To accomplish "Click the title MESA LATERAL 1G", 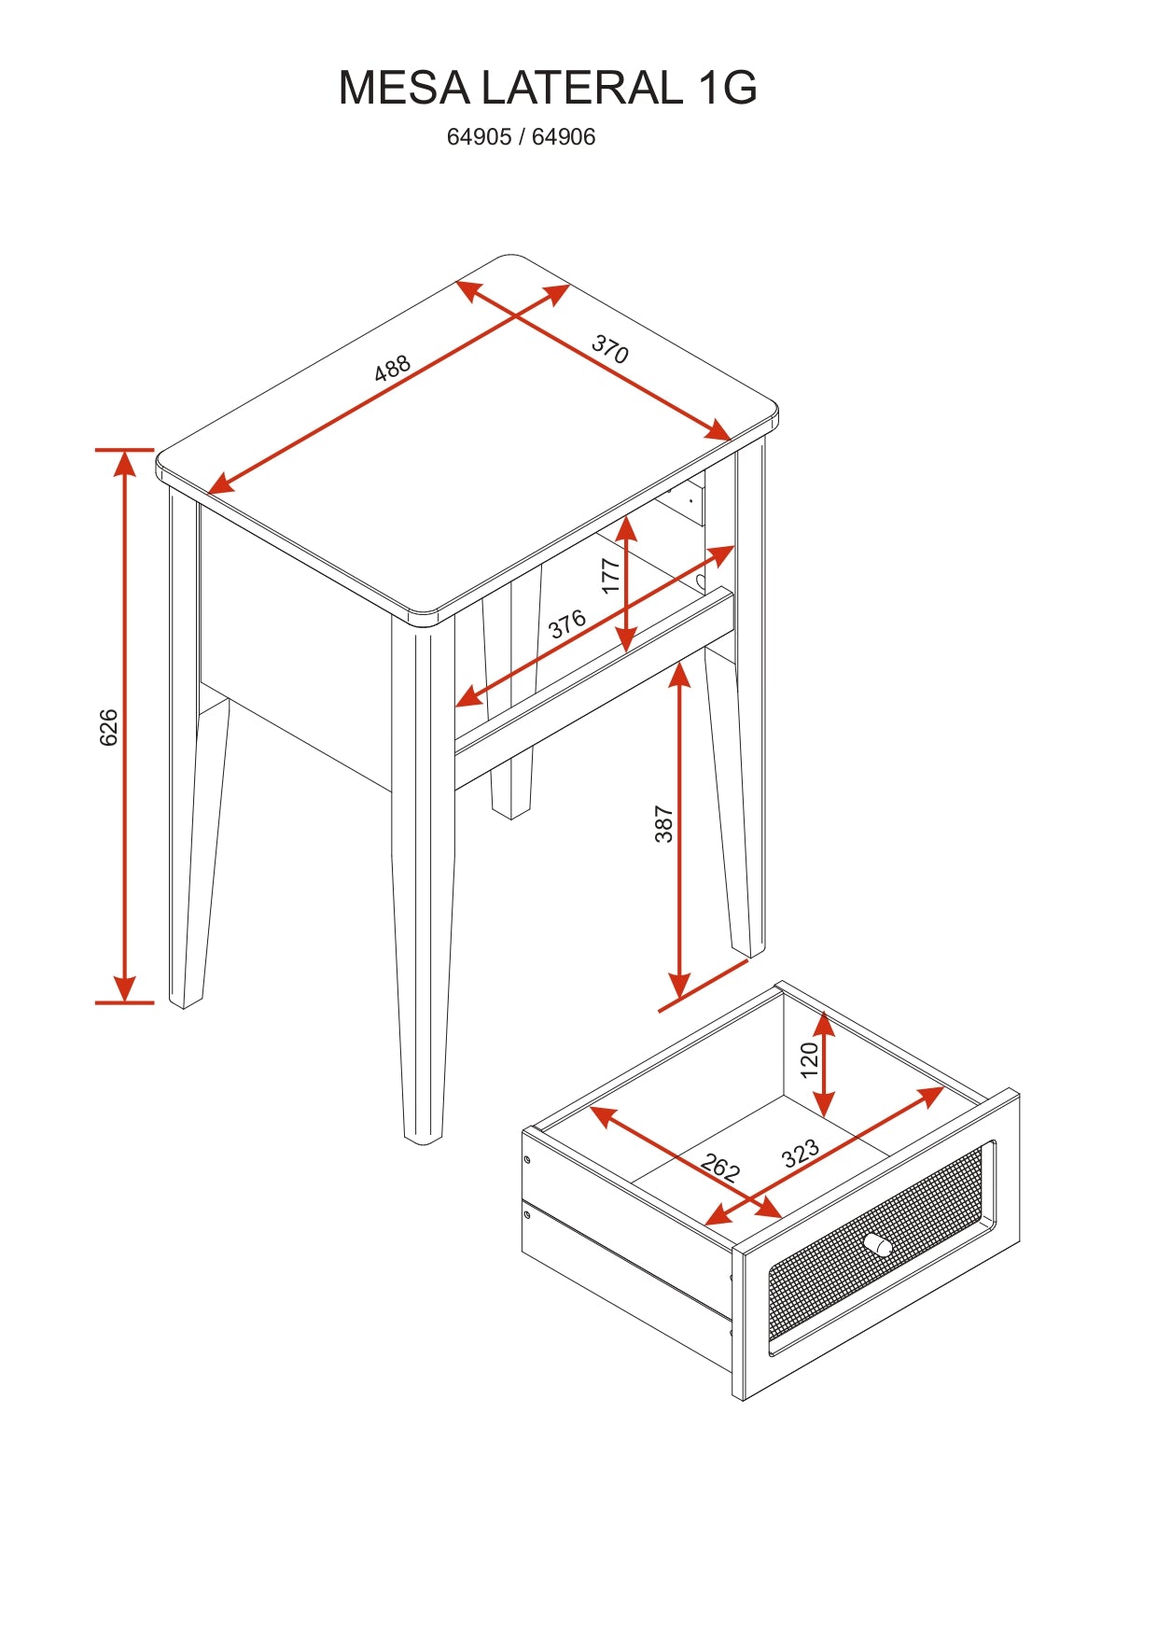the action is pyautogui.click(x=548, y=88).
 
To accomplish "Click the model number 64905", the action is pyautogui.click(x=479, y=137).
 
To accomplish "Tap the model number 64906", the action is pyautogui.click(x=564, y=137).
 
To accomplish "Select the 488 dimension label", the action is pyautogui.click(x=392, y=368).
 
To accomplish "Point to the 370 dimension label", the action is pyautogui.click(x=610, y=348).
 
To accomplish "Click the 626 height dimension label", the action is pyautogui.click(x=109, y=727).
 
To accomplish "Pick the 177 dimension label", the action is pyautogui.click(x=611, y=576).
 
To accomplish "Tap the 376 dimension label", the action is pyautogui.click(x=567, y=623).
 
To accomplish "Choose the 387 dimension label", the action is pyautogui.click(x=663, y=824).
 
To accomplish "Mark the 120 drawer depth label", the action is pyautogui.click(x=810, y=1059).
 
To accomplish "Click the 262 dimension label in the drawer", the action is pyautogui.click(x=720, y=1168).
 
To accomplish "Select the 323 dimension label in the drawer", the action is pyautogui.click(x=801, y=1154).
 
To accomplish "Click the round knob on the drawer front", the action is pyautogui.click(x=877, y=1245).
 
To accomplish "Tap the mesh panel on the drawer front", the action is pyautogui.click(x=875, y=1246).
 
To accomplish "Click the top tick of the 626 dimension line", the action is pyautogui.click(x=124, y=450).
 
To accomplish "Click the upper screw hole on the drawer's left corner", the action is pyautogui.click(x=527, y=1159).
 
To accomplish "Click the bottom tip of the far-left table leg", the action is pyautogui.click(x=185, y=1006).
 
